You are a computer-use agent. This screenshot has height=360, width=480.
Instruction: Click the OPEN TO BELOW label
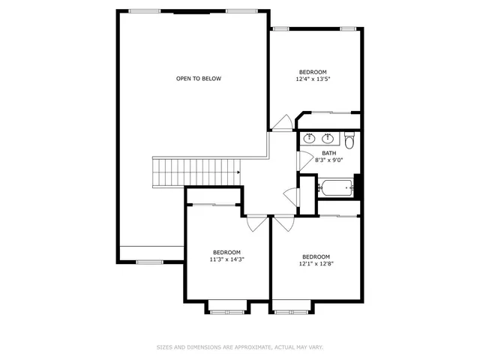199,79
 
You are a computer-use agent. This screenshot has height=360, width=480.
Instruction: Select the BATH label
329,153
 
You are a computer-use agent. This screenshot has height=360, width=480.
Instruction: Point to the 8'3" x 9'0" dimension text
329,160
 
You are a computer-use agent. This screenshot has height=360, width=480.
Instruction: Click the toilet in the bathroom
349,139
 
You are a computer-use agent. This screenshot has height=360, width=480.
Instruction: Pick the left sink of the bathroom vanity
309,139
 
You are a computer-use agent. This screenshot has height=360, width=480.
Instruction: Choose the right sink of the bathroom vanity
328,139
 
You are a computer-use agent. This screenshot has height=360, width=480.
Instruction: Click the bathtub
335,187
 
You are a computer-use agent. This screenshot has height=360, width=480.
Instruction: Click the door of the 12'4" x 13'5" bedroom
283,122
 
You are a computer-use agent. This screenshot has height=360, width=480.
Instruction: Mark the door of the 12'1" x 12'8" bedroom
283,223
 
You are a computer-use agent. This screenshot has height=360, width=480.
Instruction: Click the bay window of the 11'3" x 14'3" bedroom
227,305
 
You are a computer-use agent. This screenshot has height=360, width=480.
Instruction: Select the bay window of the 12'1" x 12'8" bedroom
292,305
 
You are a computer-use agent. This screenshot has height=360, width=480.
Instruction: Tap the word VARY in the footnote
316,347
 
